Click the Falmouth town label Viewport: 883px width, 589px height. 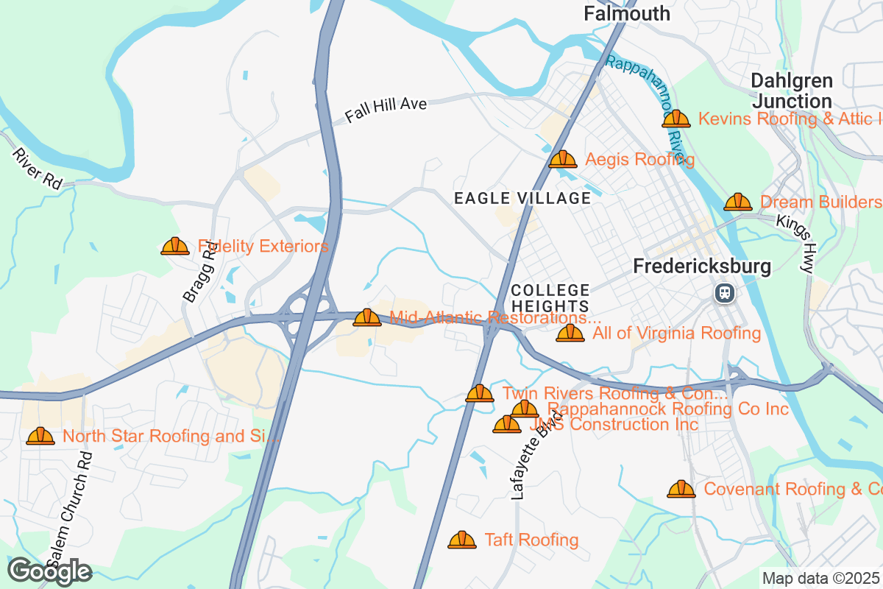[x=627, y=13]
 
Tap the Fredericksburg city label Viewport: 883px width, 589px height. [x=703, y=267]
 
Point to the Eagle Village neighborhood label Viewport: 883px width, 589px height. [x=522, y=198]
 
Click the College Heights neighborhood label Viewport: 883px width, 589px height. [x=550, y=298]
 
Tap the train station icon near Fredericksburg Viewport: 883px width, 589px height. [x=725, y=293]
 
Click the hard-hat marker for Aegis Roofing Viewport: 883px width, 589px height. [x=563, y=159]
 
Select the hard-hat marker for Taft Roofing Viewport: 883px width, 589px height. [x=462, y=540]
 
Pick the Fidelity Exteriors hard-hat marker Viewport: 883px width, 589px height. [x=175, y=246]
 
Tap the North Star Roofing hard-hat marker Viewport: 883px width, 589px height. [x=40, y=436]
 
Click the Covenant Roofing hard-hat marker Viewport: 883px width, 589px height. [x=681, y=489]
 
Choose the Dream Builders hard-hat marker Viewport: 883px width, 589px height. [x=738, y=202]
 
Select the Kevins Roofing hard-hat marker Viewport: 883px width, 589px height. [x=676, y=119]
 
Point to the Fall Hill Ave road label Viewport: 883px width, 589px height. [x=386, y=110]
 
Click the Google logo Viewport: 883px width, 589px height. [x=49, y=571]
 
